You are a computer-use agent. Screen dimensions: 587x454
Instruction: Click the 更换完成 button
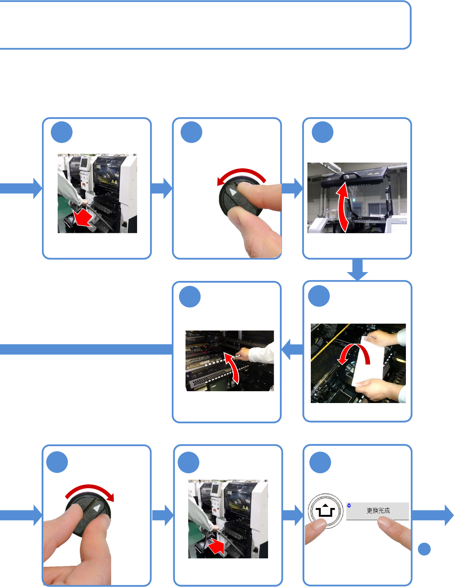coord(378,511)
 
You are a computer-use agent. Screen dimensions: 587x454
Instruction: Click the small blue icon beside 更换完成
coord(349,505)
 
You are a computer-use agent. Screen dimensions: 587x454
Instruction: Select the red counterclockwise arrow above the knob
coord(241,174)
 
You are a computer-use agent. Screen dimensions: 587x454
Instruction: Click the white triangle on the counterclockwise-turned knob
coord(233,192)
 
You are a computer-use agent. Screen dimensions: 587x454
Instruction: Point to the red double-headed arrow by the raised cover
coord(342,208)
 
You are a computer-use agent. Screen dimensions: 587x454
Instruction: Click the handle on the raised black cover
coord(349,176)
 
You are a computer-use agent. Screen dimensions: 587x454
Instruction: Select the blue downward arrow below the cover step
coord(357,270)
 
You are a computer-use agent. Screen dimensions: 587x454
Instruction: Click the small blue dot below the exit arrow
coord(424,549)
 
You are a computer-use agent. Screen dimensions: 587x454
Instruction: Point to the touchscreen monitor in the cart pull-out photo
coord(84,164)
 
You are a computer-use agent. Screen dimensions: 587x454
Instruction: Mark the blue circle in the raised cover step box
coord(323,132)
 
